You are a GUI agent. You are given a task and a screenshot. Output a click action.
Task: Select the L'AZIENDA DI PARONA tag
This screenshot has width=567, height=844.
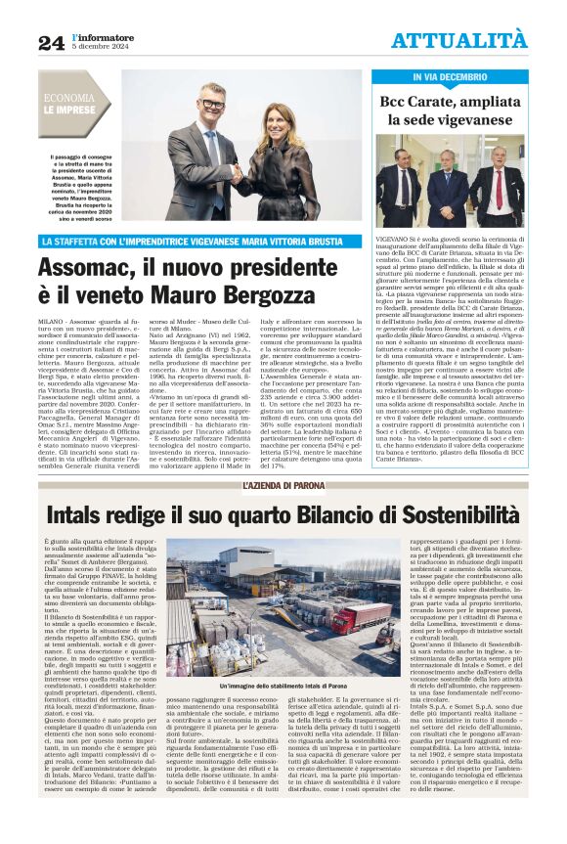pyautogui.click(x=283, y=486)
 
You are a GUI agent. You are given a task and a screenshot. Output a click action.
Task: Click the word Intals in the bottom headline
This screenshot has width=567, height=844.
pyautogui.click(x=81, y=514)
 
